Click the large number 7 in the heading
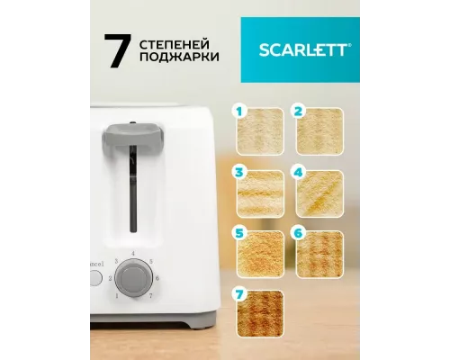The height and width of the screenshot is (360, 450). [113, 52]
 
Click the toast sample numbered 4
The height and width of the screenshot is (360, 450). [319, 189]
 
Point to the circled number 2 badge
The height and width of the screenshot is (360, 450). [298, 112]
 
